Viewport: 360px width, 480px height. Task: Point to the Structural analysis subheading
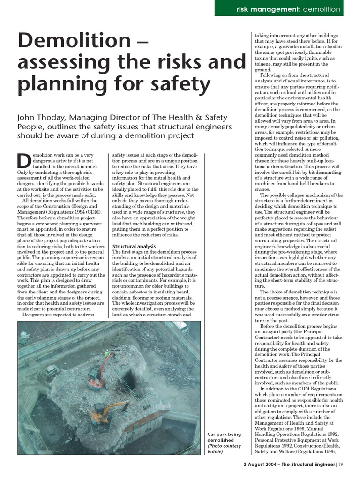(x=134, y=246)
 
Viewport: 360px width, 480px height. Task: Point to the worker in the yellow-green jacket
(x=106, y=352)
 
